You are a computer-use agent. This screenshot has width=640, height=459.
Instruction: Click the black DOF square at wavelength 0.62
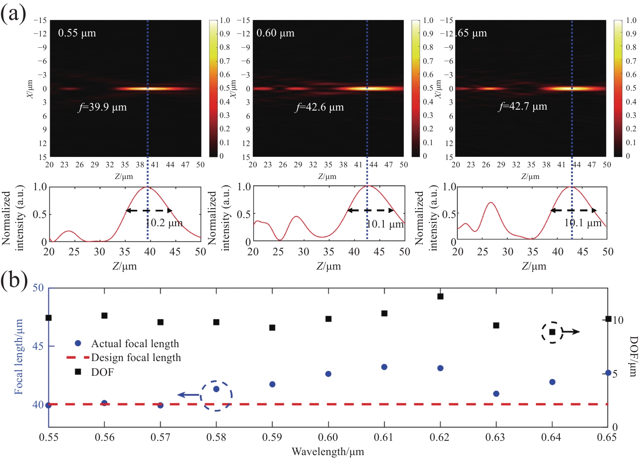tap(441, 296)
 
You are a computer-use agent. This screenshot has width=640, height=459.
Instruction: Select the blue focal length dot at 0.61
tap(384, 367)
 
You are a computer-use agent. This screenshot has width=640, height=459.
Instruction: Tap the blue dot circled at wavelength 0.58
tap(216, 389)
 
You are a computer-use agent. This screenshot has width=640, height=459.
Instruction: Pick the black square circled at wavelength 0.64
tap(552, 332)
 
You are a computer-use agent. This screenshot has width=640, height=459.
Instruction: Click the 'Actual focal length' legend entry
tap(134, 344)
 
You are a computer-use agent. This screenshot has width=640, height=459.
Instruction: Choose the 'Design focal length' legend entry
tap(136, 358)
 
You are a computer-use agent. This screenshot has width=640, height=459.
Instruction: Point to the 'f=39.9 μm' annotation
tap(102, 107)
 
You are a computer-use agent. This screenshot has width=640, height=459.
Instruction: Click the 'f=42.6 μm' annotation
tap(320, 107)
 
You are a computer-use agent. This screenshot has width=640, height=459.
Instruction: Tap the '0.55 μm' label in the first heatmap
tap(77, 33)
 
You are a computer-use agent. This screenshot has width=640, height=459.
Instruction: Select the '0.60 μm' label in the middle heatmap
tap(275, 33)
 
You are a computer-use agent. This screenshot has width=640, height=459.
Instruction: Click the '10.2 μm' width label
tap(164, 223)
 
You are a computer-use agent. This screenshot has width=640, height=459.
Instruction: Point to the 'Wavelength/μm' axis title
tap(327, 452)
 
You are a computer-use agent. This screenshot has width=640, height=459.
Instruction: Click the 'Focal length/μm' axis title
tap(19, 357)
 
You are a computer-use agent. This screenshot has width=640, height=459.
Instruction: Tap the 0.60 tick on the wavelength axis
tap(328, 437)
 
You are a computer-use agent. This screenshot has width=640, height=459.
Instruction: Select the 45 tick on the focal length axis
tap(38, 346)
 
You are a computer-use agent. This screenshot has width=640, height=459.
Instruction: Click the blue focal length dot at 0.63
tap(496, 394)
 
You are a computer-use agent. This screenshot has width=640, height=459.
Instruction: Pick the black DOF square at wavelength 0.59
tap(272, 328)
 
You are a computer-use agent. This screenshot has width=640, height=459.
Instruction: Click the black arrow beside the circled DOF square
tap(571, 332)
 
